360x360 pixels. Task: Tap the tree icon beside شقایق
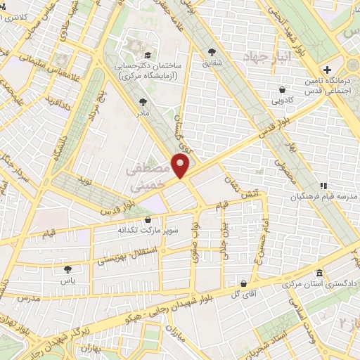pos(212,51)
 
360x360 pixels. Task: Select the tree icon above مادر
pos(143,102)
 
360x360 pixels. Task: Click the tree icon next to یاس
pos(67,269)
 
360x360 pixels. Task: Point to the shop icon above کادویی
pos(282,89)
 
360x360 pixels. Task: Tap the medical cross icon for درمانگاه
pos(327,70)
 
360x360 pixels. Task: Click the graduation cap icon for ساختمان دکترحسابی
pos(147,55)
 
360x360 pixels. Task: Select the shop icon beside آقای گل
pos(243,283)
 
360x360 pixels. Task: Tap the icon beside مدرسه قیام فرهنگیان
pos(323,186)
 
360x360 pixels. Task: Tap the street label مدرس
pos(33,298)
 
